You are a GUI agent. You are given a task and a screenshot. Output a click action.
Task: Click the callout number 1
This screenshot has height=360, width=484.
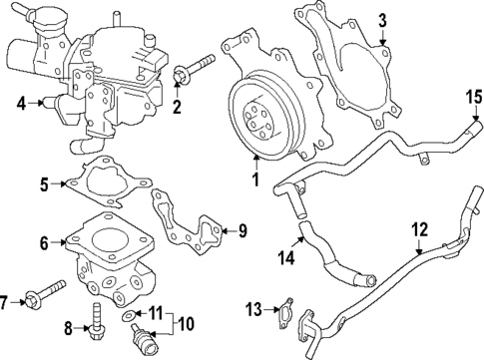point(255,182)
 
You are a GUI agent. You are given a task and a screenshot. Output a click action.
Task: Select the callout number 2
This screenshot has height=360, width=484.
point(178,108)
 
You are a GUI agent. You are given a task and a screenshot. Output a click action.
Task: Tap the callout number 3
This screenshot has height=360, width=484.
point(381,20)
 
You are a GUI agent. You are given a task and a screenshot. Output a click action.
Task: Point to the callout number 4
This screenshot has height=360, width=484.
point(22,102)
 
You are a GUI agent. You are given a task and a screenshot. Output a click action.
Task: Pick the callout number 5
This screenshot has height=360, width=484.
point(44,183)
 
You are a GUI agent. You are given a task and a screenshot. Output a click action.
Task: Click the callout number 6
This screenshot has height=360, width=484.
point(44,242)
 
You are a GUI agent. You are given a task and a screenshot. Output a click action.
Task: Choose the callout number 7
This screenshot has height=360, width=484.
point(7,301)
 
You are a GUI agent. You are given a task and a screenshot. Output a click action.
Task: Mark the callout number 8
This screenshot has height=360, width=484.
point(69,326)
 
